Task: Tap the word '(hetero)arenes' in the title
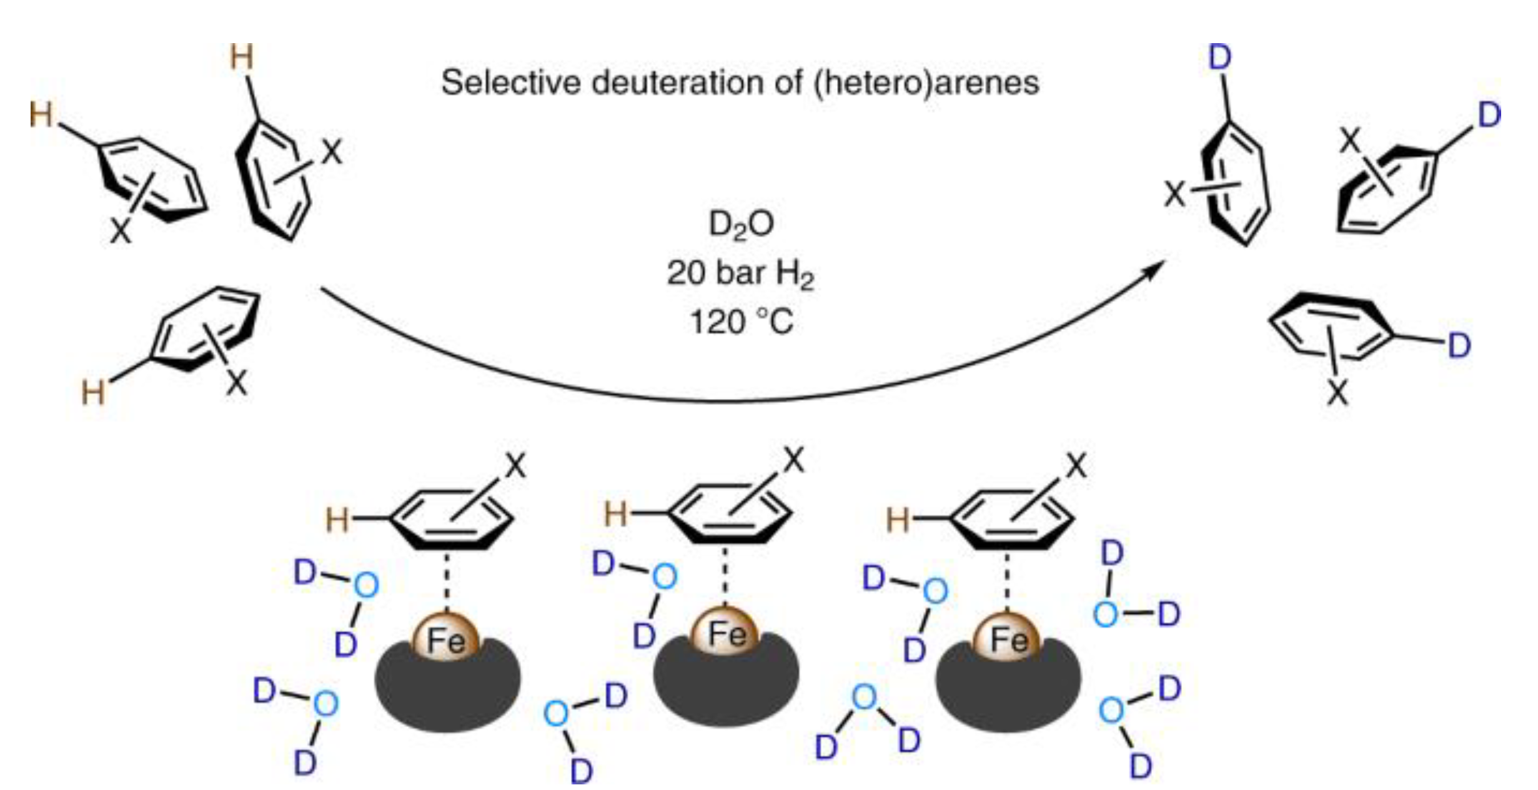(926, 83)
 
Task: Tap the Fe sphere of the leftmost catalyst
(446, 639)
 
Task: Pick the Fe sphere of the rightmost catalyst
(1008, 639)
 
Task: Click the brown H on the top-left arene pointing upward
(242, 57)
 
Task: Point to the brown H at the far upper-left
(41, 116)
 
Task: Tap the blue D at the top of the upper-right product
(1220, 57)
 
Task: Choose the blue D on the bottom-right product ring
(1459, 345)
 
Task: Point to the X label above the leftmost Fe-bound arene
(515, 466)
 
